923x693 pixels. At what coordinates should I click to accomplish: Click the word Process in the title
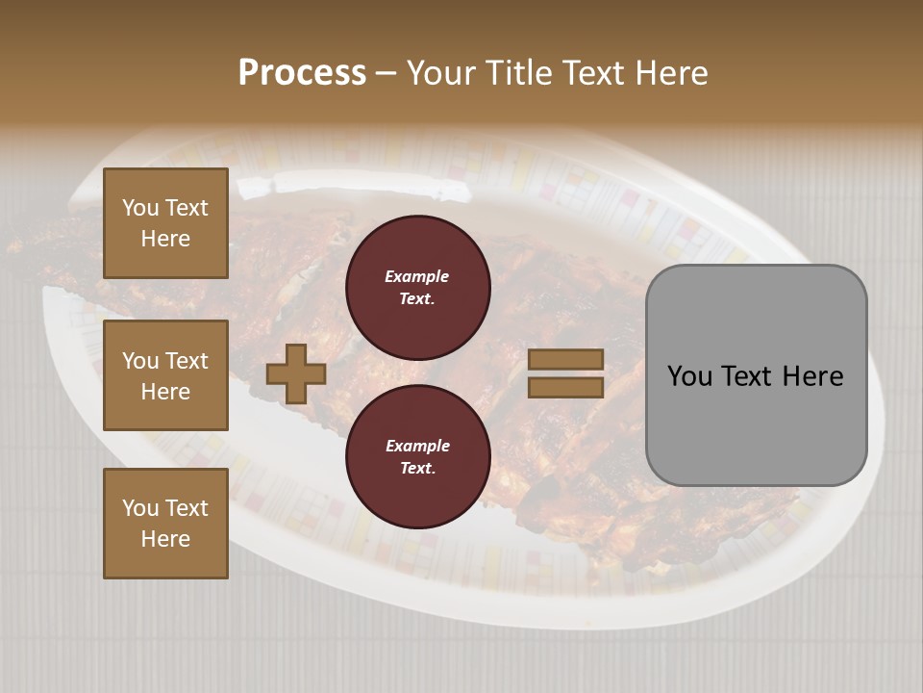tap(302, 73)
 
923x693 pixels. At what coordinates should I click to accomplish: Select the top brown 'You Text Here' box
tap(165, 223)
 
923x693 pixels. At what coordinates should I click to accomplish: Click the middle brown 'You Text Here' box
tap(165, 375)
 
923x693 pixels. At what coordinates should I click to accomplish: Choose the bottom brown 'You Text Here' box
tap(165, 523)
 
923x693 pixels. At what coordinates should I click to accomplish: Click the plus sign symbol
tap(296, 373)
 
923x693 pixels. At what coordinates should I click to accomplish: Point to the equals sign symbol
tap(565, 373)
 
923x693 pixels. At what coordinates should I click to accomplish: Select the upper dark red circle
tap(418, 287)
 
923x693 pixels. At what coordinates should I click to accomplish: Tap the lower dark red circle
tap(418, 456)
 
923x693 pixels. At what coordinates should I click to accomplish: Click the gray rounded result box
tap(756, 375)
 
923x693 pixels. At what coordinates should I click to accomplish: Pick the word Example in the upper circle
tap(417, 276)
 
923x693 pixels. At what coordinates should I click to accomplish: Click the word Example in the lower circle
tap(417, 446)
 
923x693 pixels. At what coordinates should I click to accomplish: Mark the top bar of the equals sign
tap(565, 360)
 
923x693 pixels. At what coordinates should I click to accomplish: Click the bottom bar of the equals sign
tap(565, 387)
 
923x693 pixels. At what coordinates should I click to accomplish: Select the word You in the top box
tap(140, 208)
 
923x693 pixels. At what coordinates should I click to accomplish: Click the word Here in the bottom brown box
tap(165, 539)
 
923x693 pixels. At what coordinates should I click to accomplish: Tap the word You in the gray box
tap(689, 376)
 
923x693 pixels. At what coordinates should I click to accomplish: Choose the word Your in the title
tap(440, 73)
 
